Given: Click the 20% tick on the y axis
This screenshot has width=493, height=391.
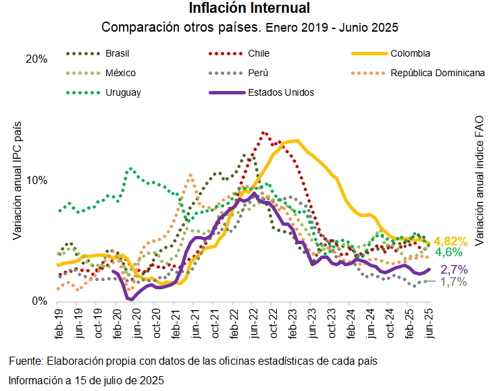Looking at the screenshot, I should point(36,59).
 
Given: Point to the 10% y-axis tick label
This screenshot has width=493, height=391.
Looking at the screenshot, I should point(36,181).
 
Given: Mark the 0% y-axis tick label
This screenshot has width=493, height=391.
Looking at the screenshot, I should point(39,301).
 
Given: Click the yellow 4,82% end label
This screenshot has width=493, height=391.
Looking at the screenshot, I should point(450,241).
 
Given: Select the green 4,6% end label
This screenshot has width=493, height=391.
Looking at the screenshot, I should point(448,253).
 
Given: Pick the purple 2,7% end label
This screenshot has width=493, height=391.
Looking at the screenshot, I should point(453,270).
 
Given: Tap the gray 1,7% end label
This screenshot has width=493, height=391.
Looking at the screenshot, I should point(453,282).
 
